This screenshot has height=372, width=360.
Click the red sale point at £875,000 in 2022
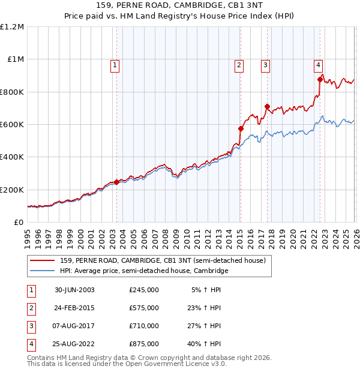coord(320,79)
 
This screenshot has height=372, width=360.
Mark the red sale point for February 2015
coord(241,128)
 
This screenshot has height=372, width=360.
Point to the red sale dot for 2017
coord(267,106)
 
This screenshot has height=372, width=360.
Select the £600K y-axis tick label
coord(12,125)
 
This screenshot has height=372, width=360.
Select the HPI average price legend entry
coord(144,271)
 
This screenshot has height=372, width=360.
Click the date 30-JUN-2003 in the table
coord(74,290)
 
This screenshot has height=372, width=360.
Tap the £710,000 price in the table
coord(144,326)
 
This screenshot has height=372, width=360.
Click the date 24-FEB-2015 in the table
coord(74,308)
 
